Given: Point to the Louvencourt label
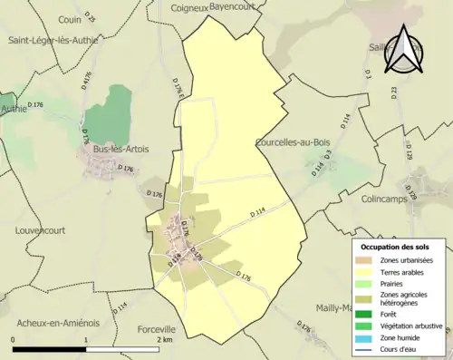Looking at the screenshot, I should point(41,230).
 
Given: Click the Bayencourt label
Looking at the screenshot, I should point(234,5).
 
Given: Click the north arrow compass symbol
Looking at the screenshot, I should point(405,50).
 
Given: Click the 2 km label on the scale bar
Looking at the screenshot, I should point(164,340).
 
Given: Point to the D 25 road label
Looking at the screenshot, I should point(89,17).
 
